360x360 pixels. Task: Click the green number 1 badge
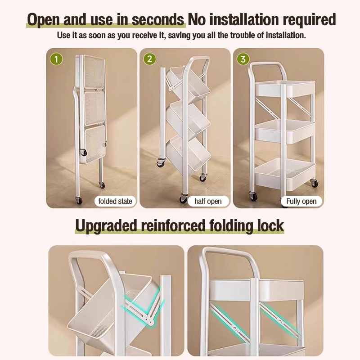click(56, 59)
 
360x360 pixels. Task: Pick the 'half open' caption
click(208, 201)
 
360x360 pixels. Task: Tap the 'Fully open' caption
click(301, 201)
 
